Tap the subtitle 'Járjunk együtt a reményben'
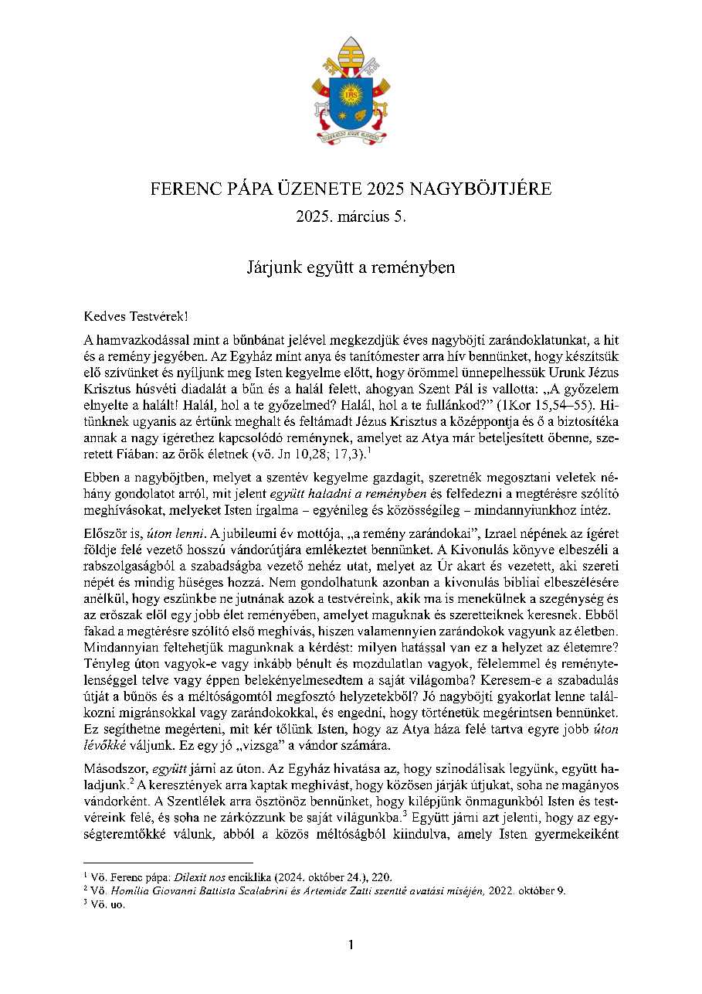coord(351,268)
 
